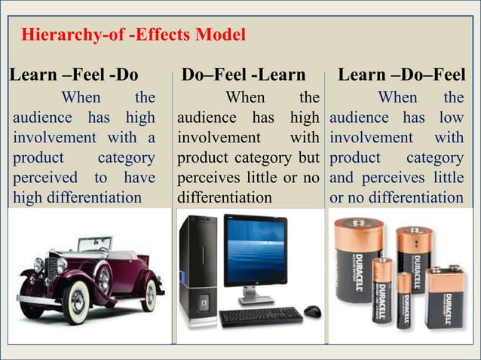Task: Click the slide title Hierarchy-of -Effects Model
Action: pyautogui.click(x=133, y=35)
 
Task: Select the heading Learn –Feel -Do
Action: pyautogui.click(x=73, y=75)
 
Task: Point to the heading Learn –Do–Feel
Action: pyautogui.click(x=401, y=75)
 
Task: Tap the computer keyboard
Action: pyautogui.click(x=261, y=316)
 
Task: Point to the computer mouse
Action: pyautogui.click(x=312, y=311)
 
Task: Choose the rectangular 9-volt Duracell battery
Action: pyautogui.click(x=443, y=296)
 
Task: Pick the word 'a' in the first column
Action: pyautogui.click(x=152, y=139)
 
